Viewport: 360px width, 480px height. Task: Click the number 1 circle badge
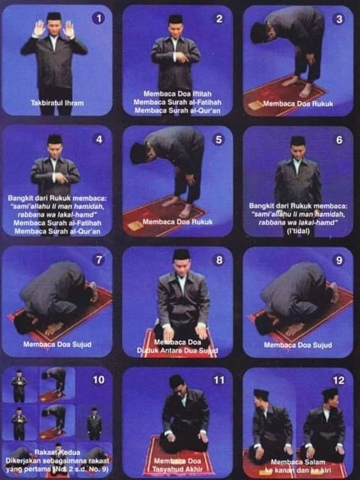tap(99, 18)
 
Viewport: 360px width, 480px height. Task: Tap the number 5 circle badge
tap(219, 139)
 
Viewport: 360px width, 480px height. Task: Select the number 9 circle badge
tap(339, 259)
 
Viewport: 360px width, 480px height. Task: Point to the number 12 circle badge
tap(339, 380)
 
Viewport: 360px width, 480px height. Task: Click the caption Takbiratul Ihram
tap(57, 102)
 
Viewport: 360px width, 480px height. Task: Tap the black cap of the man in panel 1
tap(54, 16)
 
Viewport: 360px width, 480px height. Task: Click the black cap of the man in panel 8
tap(181, 253)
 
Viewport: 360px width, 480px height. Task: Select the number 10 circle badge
tap(99, 380)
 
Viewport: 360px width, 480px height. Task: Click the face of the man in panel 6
tap(298, 150)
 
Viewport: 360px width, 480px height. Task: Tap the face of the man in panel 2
tap(175, 30)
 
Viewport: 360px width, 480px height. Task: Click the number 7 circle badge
tap(99, 259)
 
